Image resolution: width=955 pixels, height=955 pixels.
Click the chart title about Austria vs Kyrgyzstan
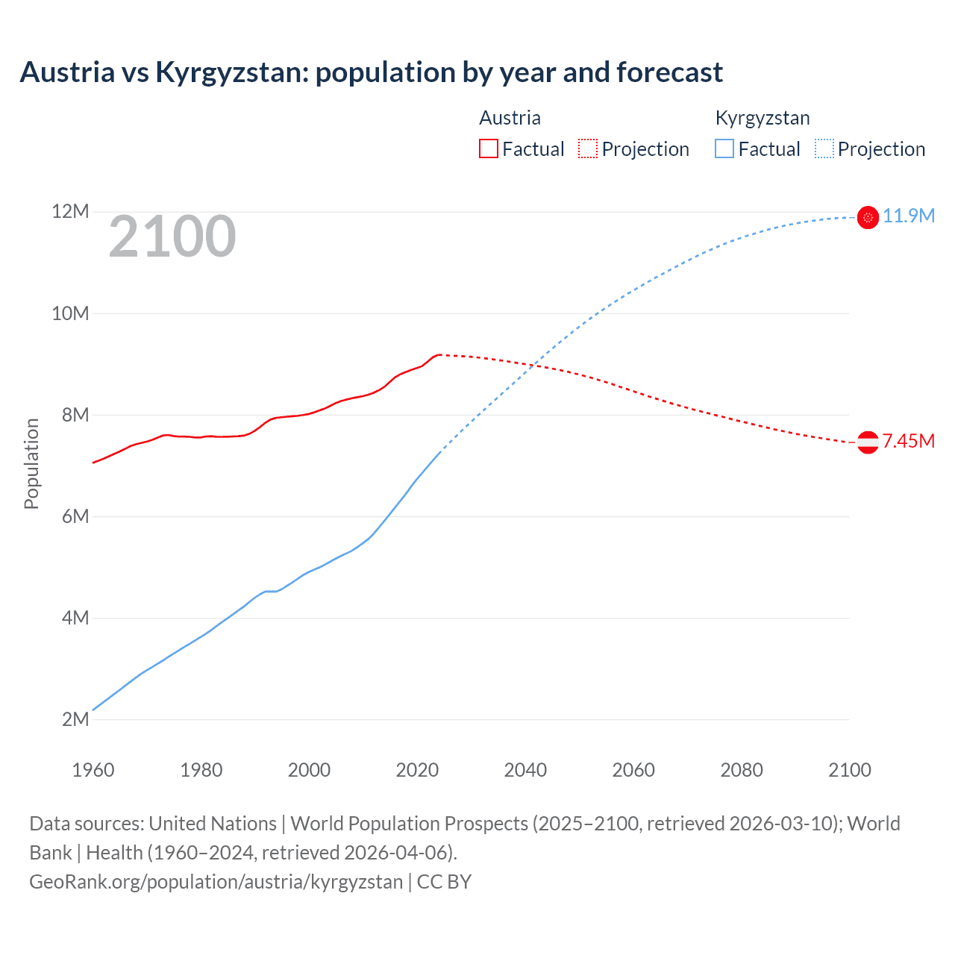click(371, 72)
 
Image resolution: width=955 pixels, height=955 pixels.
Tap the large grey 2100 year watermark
click(172, 237)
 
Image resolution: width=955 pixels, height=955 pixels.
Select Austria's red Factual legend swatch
click(488, 148)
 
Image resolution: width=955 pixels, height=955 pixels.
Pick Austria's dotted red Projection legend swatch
click(588, 148)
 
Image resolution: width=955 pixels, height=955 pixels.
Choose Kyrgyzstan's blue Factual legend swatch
click(724, 148)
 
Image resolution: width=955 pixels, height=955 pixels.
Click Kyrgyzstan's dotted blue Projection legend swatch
click(824, 148)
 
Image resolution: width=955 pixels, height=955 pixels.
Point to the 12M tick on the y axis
click(70, 212)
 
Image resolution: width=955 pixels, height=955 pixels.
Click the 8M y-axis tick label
click(75, 415)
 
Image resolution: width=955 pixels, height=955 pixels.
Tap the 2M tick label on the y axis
click(75, 719)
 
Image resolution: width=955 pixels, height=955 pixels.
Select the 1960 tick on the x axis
click(93, 770)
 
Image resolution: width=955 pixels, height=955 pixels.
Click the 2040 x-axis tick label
click(525, 770)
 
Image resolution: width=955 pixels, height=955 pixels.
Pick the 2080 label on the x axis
click(742, 770)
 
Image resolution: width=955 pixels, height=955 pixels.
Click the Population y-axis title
click(31, 463)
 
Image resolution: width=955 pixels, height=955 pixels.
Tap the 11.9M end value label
click(909, 216)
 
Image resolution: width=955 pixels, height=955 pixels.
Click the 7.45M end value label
click(909, 442)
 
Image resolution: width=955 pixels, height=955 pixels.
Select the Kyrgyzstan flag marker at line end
click(868, 217)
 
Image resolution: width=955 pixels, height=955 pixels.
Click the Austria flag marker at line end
click(868, 442)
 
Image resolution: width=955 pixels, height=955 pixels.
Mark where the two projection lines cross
click(531, 365)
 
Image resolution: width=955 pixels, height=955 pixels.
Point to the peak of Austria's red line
click(439, 354)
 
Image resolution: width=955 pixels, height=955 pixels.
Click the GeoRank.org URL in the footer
click(216, 882)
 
